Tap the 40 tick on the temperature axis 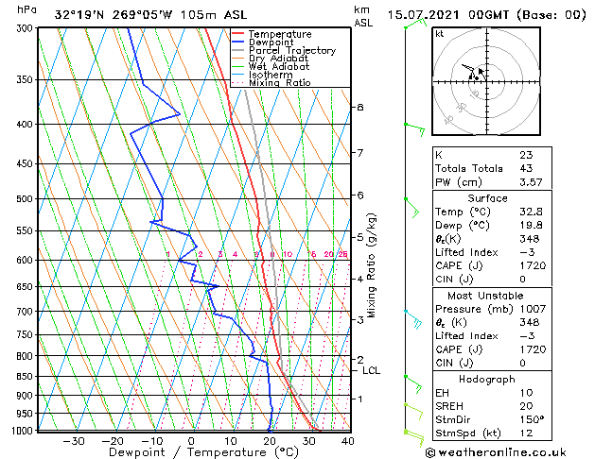(x=347, y=440)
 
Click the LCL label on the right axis (x=371, y=370)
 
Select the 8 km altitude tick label (x=359, y=108)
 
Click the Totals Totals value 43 (x=526, y=168)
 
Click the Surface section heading (x=487, y=198)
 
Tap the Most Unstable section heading (x=487, y=296)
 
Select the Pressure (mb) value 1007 (x=531, y=308)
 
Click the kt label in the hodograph (x=440, y=33)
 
